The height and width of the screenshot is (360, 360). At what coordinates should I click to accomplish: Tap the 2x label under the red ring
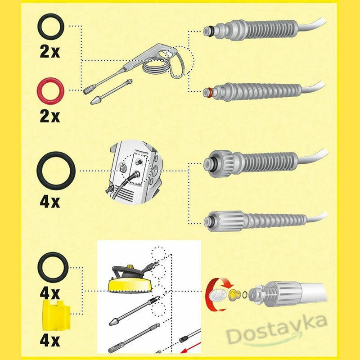(x=49, y=117)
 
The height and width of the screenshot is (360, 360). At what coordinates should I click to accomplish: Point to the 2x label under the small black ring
(x=49, y=52)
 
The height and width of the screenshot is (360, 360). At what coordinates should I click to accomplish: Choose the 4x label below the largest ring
(x=49, y=202)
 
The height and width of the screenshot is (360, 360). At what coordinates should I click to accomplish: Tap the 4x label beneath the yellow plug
(x=49, y=341)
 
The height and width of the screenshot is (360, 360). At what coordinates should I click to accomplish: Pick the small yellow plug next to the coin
(x=233, y=295)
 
